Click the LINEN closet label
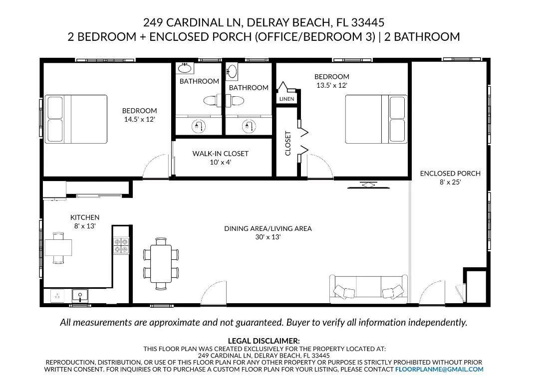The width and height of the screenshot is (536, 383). pos(286,99)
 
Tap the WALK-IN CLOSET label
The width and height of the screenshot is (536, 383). pos(221,154)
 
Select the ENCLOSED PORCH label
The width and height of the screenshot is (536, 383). pos(450,174)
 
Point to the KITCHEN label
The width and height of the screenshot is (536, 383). pos(85,217)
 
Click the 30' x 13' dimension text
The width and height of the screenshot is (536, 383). pos(268,237)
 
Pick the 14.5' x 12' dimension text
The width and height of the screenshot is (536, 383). pos(139,119)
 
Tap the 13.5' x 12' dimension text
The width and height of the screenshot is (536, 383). pos(331,85)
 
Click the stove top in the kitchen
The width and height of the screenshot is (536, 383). pos(121,246)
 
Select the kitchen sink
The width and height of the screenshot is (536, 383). pos(80,295)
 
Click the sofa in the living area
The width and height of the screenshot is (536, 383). pos(368,289)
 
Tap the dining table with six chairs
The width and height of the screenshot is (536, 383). pos(161,264)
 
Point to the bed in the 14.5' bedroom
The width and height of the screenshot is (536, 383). pos(76,119)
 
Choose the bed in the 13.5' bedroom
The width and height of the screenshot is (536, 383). pos(376,119)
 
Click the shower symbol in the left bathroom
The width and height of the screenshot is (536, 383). pos(199,126)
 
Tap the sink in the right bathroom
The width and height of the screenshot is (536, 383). pos(232,72)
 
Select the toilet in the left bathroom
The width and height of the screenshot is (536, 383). pos(213,101)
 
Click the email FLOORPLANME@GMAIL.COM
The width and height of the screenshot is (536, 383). pos(439,370)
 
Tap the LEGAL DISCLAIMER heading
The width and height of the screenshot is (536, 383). pos(264,341)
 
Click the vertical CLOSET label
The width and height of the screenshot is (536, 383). pos(288,144)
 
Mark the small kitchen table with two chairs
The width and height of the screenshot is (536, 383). pos(58,248)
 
